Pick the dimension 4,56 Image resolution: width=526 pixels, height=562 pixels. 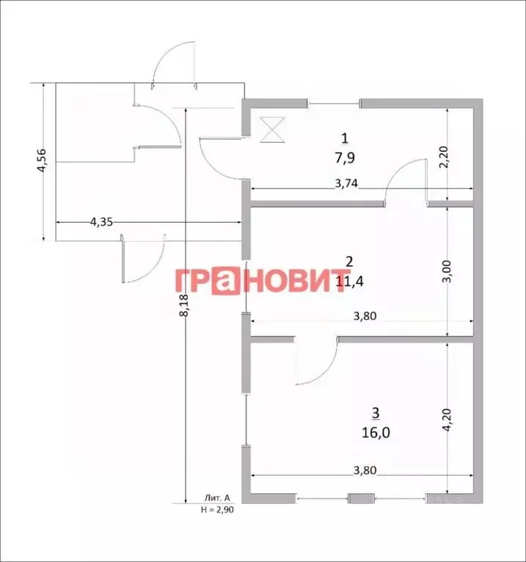(42, 160)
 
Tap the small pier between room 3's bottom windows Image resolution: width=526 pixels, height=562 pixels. (359, 499)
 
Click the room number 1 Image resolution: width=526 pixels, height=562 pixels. (344, 138)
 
